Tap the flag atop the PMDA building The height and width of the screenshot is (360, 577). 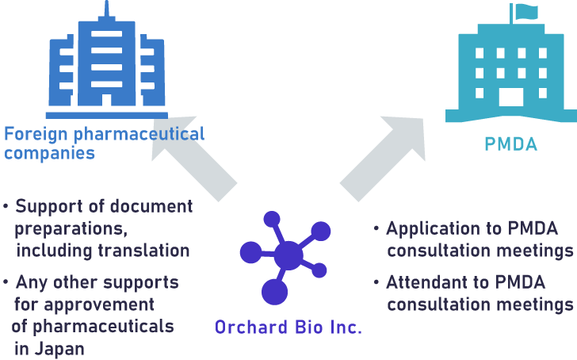(x=525, y=11)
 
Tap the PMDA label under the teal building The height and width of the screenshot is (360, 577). (x=510, y=144)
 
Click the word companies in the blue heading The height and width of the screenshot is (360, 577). (x=50, y=153)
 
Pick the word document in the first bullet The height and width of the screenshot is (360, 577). (x=152, y=207)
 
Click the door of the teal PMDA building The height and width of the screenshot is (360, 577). (x=511, y=99)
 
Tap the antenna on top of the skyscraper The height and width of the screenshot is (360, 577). (x=106, y=10)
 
